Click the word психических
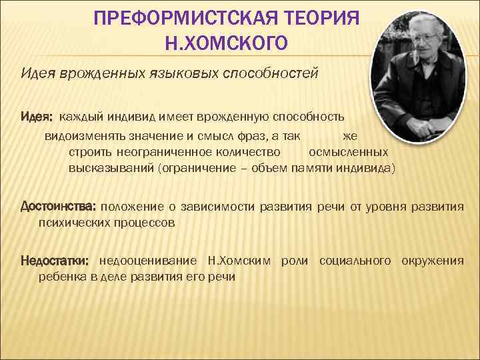[71, 223]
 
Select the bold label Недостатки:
[56, 260]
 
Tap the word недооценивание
[147, 260]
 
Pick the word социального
[355, 260]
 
